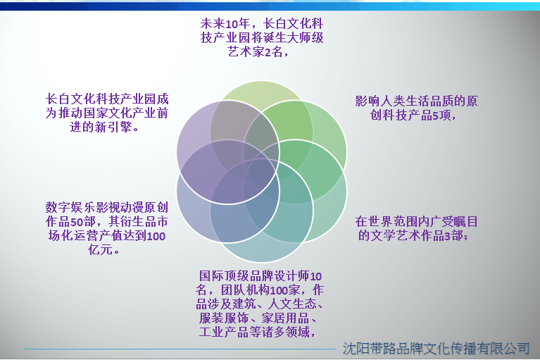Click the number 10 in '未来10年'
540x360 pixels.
coord(232,24)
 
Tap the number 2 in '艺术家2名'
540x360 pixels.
coord(268,52)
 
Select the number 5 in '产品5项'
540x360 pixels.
coord(436,116)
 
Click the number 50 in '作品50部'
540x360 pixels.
coord(77,222)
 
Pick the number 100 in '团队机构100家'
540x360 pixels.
coord(279,290)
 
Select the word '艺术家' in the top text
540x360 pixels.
coord(246,52)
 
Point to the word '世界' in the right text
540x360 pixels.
coord(380,221)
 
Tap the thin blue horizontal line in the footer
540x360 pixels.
coord(180,349)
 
